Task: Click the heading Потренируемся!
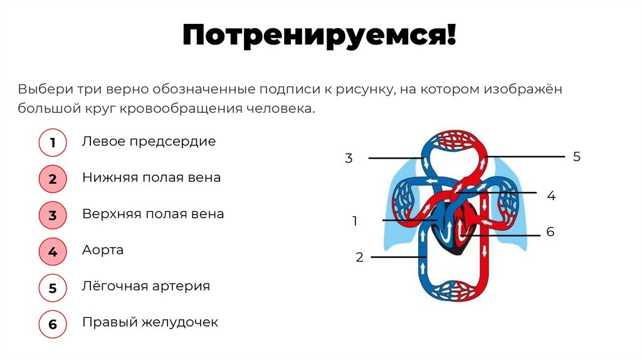(320, 36)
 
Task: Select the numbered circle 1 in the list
(53, 144)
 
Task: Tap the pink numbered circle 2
(53, 179)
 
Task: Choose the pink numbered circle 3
(53, 216)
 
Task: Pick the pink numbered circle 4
(53, 252)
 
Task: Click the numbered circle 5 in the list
(53, 289)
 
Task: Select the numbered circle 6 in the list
(53, 324)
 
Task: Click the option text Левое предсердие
(149, 142)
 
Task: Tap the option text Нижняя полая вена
(151, 177)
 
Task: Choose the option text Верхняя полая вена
(153, 214)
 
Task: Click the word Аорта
(103, 250)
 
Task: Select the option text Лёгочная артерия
(145, 286)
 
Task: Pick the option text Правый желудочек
(150, 322)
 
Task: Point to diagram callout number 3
(349, 159)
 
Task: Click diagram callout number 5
(577, 157)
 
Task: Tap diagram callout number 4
(551, 196)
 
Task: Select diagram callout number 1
(355, 221)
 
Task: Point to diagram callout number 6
(550, 232)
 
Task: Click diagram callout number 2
(359, 257)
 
